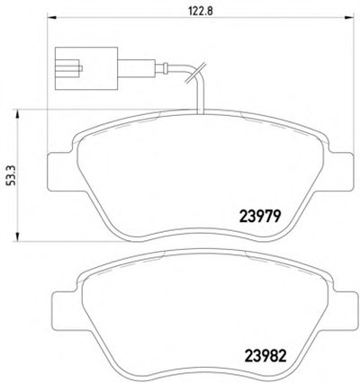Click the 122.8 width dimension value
(x=201, y=11)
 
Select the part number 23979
(x=259, y=216)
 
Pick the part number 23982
(x=265, y=356)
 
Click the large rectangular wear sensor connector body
(x=86, y=68)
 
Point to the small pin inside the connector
(x=80, y=68)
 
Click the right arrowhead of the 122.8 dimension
(x=348, y=18)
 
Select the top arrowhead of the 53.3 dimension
(x=18, y=115)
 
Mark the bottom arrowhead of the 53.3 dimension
(x=18, y=236)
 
